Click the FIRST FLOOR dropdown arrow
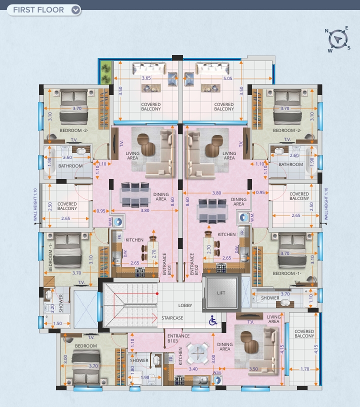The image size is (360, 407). click(75, 10)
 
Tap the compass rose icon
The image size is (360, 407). click(337, 39)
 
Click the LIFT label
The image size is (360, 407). click(221, 293)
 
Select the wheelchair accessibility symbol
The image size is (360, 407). click(213, 320)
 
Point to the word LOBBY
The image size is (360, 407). click(185, 305)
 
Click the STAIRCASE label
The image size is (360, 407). click(172, 318)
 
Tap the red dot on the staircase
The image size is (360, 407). click(157, 293)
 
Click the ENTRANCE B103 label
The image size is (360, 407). click(178, 338)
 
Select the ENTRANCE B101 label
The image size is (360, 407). click(167, 264)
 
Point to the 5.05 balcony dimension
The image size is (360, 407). click(227, 78)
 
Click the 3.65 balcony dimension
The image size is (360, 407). click(146, 78)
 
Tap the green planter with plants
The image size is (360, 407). click(105, 72)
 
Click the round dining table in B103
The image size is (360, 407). click(198, 353)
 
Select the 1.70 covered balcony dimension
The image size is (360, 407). click(304, 369)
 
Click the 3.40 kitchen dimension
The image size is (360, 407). click(193, 369)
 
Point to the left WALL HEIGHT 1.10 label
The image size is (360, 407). click(35, 205)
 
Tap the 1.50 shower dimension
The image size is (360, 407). click(57, 323)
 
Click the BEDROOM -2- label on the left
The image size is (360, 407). click(73, 130)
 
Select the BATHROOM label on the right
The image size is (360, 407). click(290, 164)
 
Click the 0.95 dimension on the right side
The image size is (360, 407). click(260, 192)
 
